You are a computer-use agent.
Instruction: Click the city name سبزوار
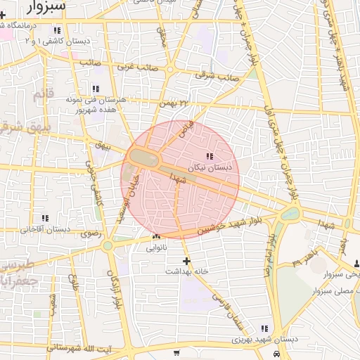[x=47, y=6]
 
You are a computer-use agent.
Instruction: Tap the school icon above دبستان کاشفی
[x=57, y=31]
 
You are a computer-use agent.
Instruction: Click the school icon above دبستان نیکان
[x=209, y=157]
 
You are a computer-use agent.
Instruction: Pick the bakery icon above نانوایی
[x=155, y=237]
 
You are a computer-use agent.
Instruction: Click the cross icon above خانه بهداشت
[x=186, y=261]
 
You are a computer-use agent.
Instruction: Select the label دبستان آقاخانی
[x=45, y=229]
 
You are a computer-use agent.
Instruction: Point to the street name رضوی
[x=91, y=233]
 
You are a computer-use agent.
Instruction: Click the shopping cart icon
[x=176, y=352]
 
